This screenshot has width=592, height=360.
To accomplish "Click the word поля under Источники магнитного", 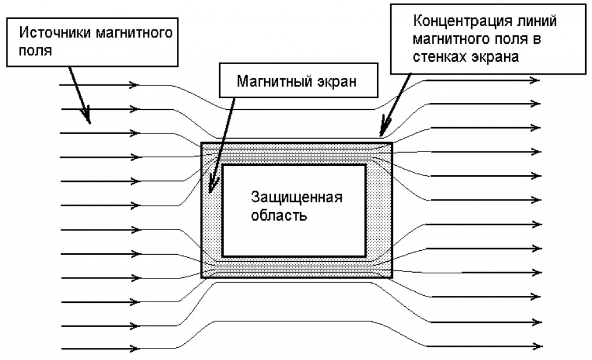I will click(36, 50).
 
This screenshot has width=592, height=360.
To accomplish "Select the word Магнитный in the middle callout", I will click(272, 81).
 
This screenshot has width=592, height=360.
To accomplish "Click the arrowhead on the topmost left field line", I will click(135, 86).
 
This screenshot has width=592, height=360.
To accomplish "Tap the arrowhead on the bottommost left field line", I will click(135, 348).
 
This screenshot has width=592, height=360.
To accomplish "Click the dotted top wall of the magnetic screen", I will click(295, 153).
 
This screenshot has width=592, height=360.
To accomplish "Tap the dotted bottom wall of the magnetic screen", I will click(295, 268).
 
